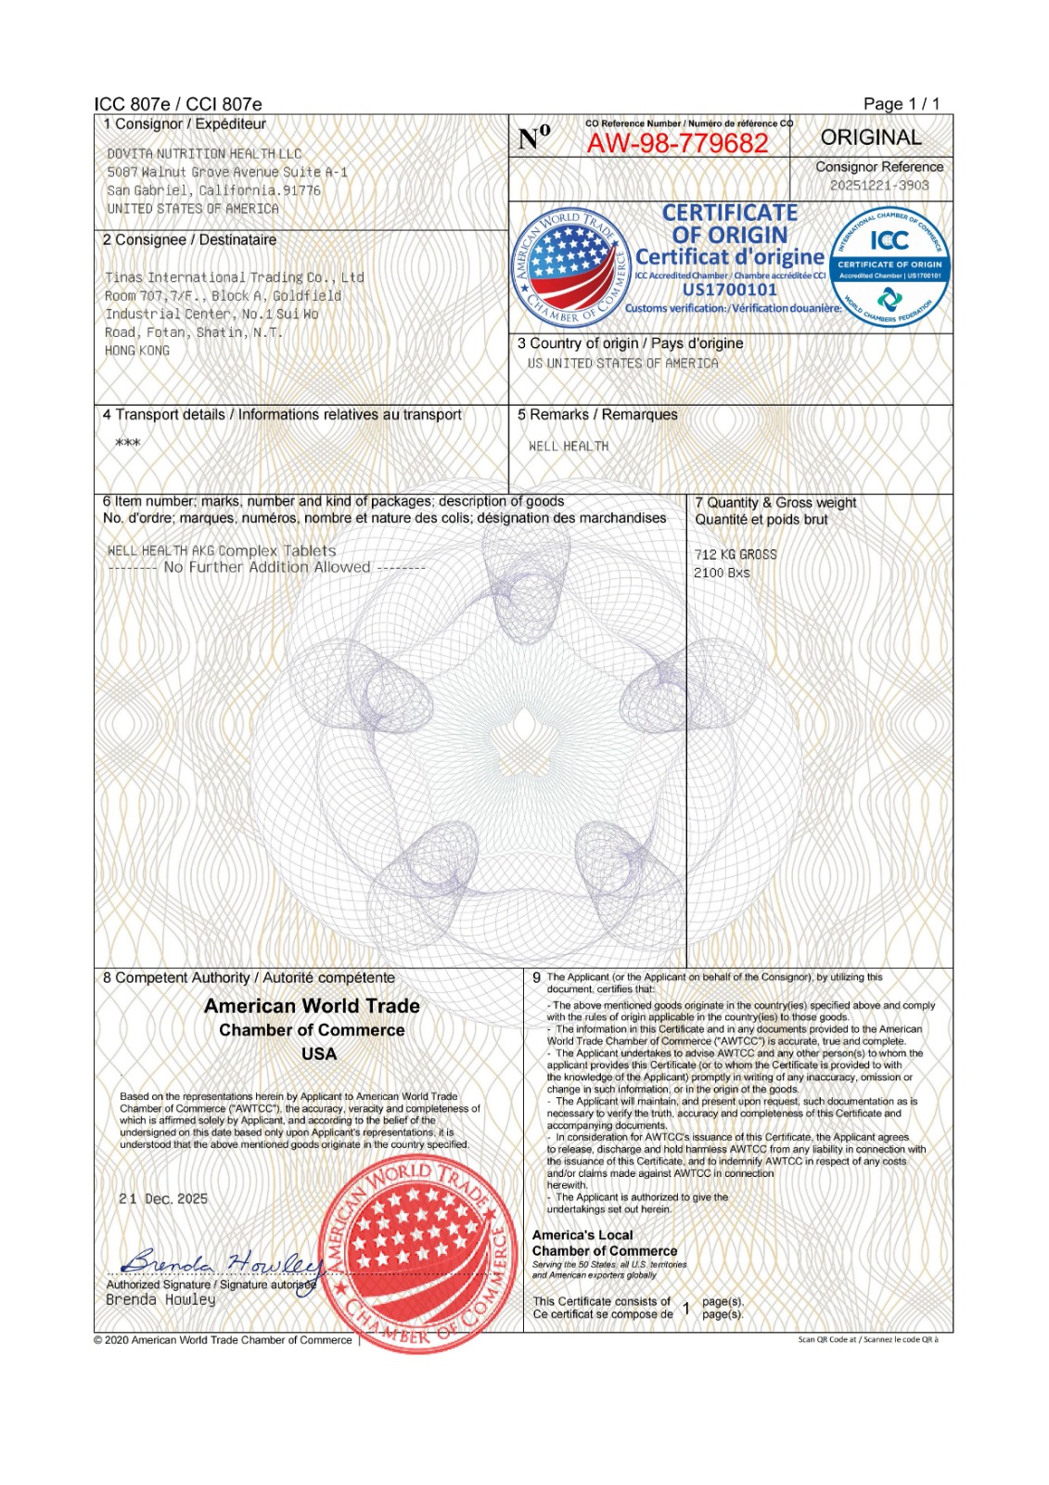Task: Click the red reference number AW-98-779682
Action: coord(677,143)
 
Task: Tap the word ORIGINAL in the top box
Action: coord(870,137)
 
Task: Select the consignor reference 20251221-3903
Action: coord(878,185)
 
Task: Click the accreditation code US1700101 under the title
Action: coord(729,290)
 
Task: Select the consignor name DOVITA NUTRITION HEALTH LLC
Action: coord(204,154)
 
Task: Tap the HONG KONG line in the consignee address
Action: coord(137,351)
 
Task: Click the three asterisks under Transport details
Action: coord(128,444)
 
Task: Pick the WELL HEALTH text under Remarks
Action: coord(569,446)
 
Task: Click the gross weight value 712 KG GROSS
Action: coord(736,554)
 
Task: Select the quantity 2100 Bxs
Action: coord(722,573)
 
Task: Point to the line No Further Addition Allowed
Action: coord(267,567)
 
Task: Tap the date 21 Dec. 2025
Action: coord(163,1199)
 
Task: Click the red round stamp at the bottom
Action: coord(418,1253)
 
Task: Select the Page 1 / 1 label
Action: coord(901,104)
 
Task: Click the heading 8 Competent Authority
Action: coord(249,977)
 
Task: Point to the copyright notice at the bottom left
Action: coord(223,1339)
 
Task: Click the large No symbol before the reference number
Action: coord(534,138)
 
